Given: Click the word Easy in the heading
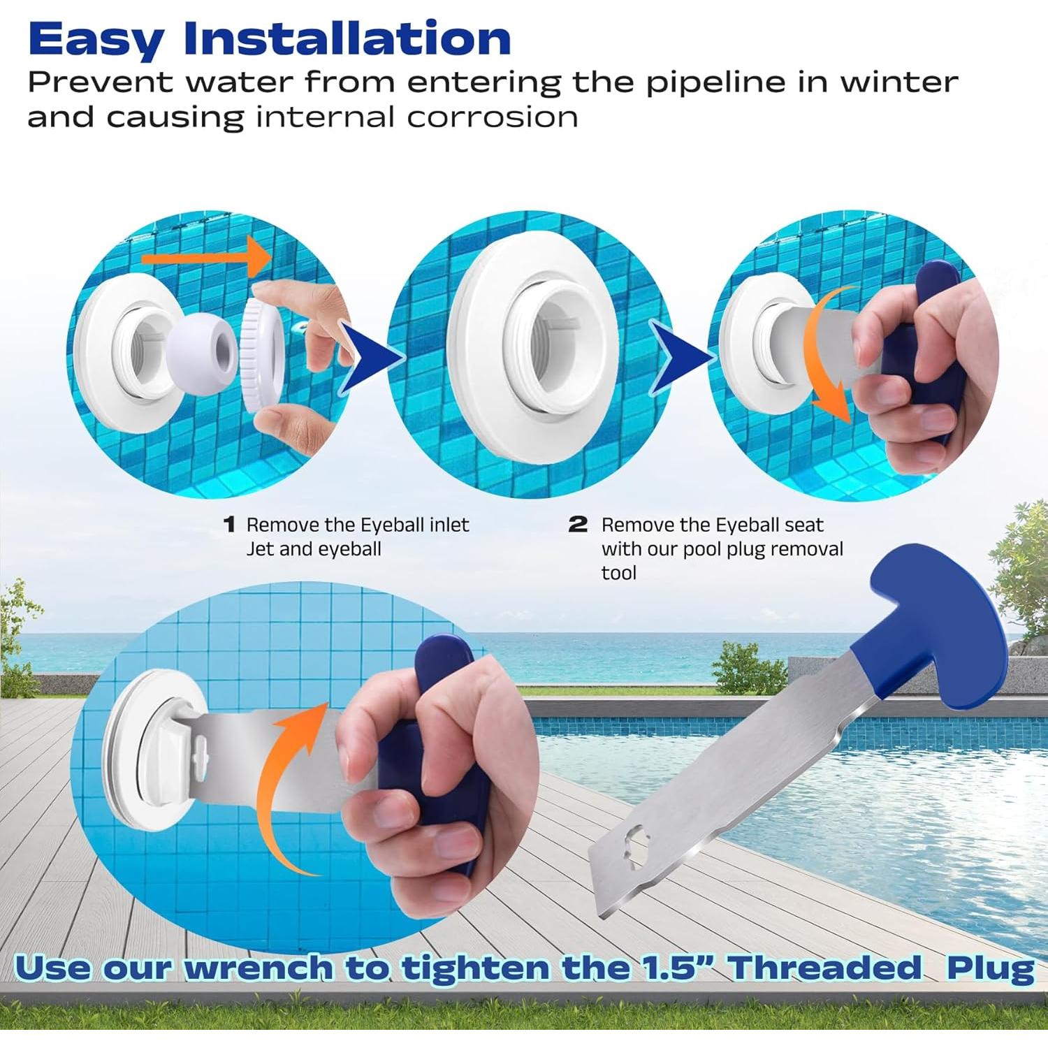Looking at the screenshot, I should [95, 41].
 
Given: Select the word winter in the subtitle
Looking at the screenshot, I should [898, 82].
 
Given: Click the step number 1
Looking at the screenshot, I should [229, 525].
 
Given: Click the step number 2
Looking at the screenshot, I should [578, 525].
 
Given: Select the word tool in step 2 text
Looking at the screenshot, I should [618, 574].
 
